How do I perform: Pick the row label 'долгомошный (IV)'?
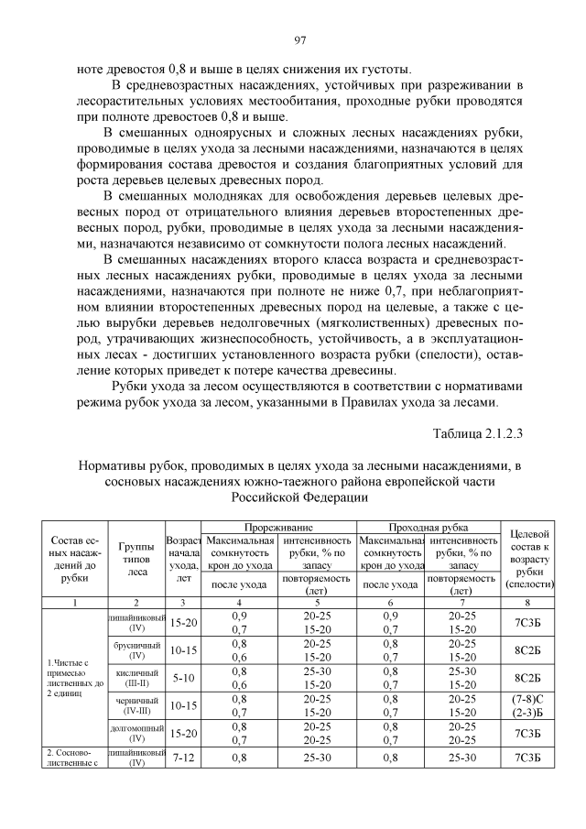pos(136,734)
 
